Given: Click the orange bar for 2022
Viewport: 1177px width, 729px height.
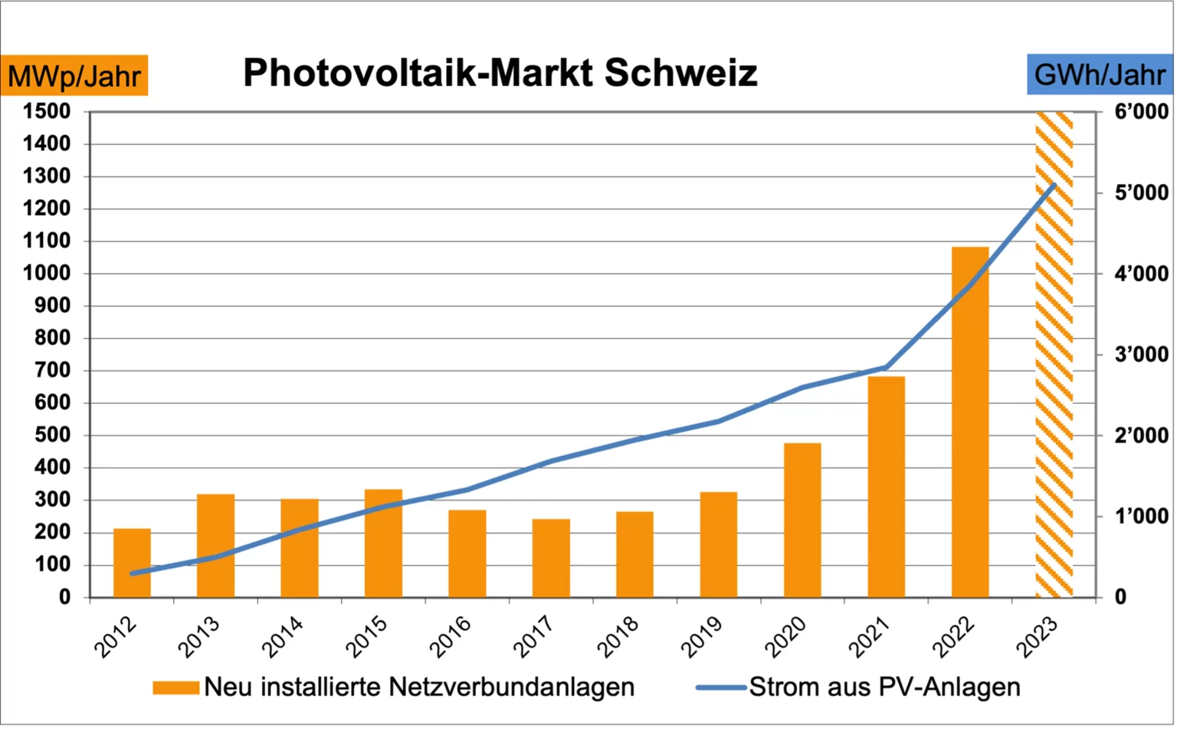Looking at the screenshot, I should click(x=970, y=422).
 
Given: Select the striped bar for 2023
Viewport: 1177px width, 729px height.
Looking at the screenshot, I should click(x=1054, y=353).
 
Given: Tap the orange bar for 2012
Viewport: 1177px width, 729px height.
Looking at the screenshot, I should click(x=132, y=563).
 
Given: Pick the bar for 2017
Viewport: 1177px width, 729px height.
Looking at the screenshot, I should click(x=551, y=558).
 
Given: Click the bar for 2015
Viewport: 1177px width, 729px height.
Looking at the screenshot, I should click(x=383, y=543).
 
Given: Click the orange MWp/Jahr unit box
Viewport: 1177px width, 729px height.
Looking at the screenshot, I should click(x=74, y=76).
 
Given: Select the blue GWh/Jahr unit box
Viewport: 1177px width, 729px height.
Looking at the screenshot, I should click(x=1099, y=75).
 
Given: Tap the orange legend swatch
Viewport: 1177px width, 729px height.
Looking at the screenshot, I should click(x=175, y=687).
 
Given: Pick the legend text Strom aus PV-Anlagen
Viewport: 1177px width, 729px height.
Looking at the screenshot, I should click(x=884, y=687).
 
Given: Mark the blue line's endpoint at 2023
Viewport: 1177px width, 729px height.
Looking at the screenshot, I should click(x=1054, y=185).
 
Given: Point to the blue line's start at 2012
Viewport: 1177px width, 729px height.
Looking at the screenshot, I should click(x=133, y=573).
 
